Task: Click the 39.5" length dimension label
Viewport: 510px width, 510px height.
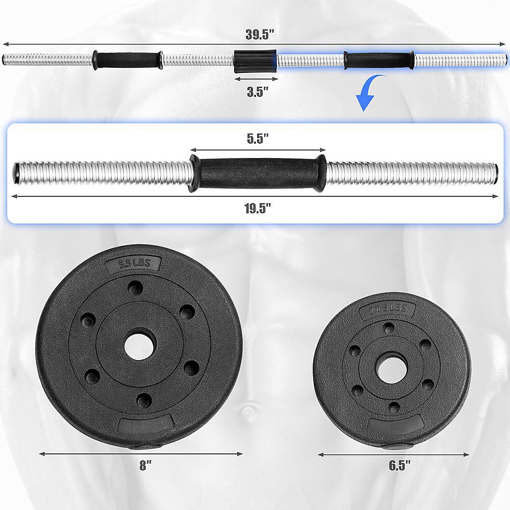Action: point(260,35)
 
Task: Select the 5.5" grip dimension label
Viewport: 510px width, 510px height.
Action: point(258,140)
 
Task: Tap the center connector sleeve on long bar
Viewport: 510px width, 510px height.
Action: point(255,60)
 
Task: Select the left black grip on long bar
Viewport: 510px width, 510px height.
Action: point(127,60)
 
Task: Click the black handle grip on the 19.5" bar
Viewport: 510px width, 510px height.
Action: point(258,173)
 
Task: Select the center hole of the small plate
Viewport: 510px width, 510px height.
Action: point(391,368)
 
